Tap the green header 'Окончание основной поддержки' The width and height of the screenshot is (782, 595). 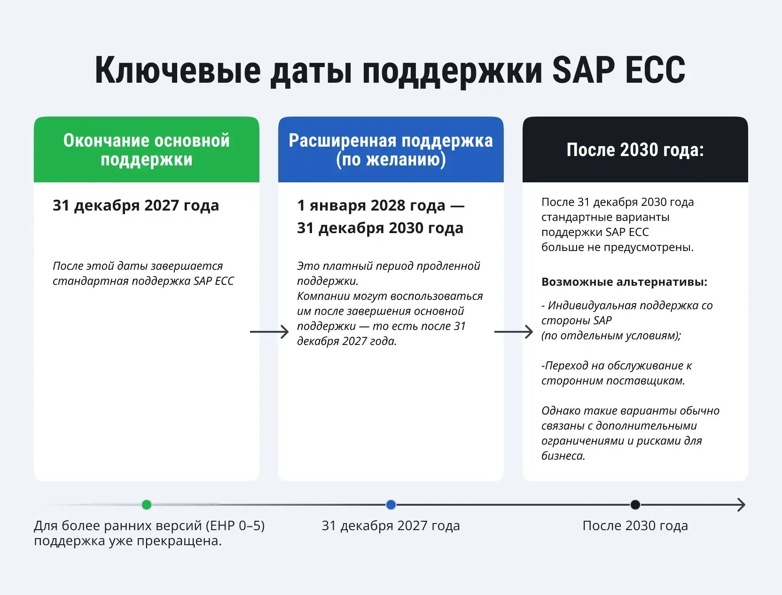tap(146, 149)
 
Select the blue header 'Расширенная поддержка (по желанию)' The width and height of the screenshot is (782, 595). tap(391, 149)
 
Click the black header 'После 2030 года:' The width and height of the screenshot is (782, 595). tap(635, 149)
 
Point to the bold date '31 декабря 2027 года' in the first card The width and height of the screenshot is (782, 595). tap(135, 205)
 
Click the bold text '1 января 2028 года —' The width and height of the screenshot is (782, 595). tap(380, 205)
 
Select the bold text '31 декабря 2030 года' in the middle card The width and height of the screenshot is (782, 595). tap(380, 228)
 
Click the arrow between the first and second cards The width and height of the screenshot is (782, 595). tap(269, 332)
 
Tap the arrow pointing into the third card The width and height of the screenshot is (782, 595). tap(514, 332)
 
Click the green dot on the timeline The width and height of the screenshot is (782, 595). tap(147, 505)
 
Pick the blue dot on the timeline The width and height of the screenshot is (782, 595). tap(391, 505)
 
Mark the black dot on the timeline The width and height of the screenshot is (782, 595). tap(635, 505)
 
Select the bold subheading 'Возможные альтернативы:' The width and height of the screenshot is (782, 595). tap(624, 282)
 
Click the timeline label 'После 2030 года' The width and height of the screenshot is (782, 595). tap(635, 525)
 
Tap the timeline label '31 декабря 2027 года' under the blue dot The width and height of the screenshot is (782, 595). tap(391, 525)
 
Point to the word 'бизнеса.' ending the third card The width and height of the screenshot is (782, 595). tap(563, 456)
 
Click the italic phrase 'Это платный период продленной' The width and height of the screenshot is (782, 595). tap(388, 266)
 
